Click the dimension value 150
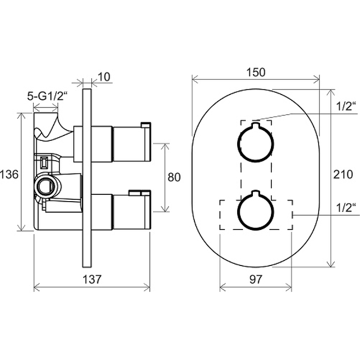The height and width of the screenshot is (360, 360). pyautogui.click(x=256, y=72)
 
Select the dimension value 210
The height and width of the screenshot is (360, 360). pyautogui.click(x=343, y=174)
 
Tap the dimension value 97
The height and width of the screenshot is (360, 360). pyautogui.click(x=255, y=279)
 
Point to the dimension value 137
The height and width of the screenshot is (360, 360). pyautogui.click(x=92, y=279)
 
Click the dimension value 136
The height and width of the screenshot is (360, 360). pyautogui.click(x=9, y=174)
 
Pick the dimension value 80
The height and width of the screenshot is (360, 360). pyautogui.click(x=174, y=177)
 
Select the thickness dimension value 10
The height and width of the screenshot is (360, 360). pyautogui.click(x=104, y=77)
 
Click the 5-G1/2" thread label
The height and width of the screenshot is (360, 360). pyautogui.click(x=48, y=96)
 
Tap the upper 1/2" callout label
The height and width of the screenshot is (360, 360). pyautogui.click(x=346, y=106)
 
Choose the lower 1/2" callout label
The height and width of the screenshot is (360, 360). pyautogui.click(x=346, y=208)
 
